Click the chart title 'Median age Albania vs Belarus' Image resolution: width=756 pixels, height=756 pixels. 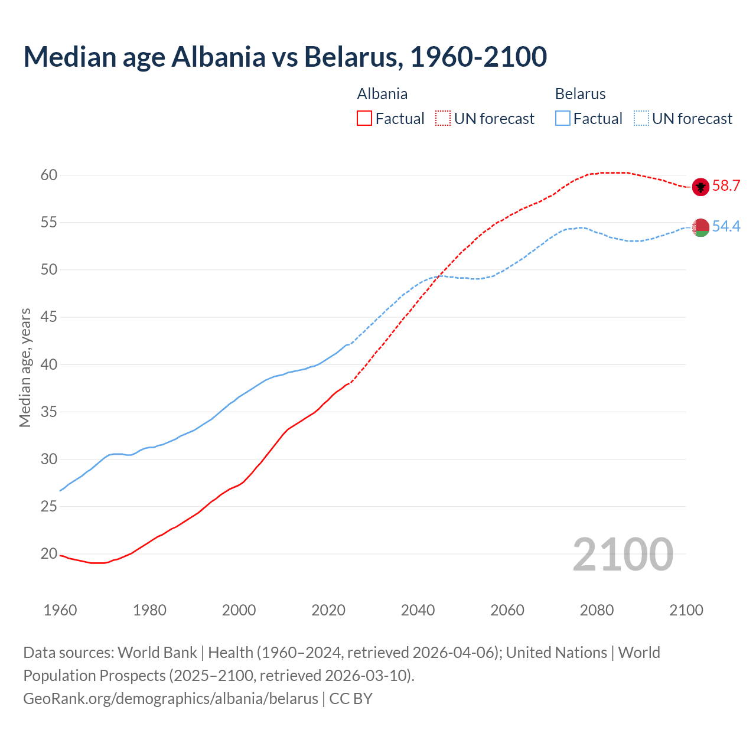pos(285,57)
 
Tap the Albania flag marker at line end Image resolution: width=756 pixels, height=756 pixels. pos(700,187)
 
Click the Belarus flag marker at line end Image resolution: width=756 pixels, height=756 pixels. pos(700,227)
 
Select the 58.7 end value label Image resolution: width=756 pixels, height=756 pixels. pos(726,186)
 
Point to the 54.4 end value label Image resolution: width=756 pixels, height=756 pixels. pos(726,227)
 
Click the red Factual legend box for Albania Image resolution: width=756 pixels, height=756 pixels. pos(364,119)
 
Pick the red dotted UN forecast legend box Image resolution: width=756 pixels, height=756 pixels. pos(443,119)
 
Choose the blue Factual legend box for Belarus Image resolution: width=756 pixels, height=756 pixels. pos(563,119)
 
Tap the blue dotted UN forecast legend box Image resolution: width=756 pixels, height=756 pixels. pos(641,119)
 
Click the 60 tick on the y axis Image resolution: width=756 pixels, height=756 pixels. pos(49,175)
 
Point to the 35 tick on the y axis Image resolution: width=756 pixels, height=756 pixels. pos(49,412)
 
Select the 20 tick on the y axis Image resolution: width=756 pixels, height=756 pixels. pos(49,554)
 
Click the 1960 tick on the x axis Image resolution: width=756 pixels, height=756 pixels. pos(60,610)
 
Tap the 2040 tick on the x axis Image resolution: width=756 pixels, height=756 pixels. pos(418,610)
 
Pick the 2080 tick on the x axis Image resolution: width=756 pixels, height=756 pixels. pos(597,610)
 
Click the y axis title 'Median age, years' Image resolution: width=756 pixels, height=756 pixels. pos(25,367)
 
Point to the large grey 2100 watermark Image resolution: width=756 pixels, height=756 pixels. pos(623,554)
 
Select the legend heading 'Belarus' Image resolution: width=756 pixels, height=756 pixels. pos(580,94)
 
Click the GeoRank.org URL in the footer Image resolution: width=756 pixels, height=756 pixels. pos(171,699)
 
